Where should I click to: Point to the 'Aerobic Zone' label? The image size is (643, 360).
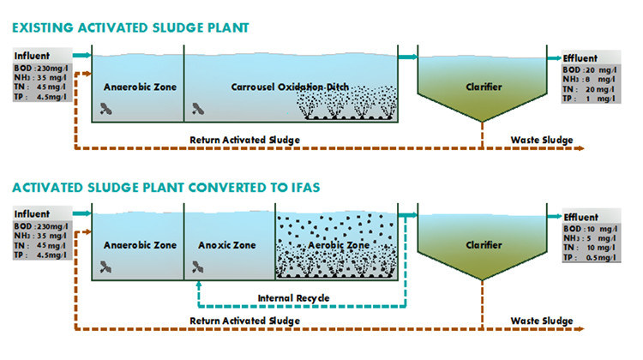click(x=340, y=245)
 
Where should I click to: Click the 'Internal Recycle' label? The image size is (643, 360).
click(x=293, y=298)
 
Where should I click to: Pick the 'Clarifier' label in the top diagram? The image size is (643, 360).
click(x=484, y=87)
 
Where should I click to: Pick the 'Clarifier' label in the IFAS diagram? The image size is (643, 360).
click(x=484, y=245)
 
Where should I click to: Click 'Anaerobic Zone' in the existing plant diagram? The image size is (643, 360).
click(x=138, y=87)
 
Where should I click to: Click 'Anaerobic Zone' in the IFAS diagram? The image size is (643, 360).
click(x=140, y=245)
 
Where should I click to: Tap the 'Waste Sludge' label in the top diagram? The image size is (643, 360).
click(x=541, y=139)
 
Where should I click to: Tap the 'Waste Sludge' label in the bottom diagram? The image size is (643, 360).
click(x=541, y=321)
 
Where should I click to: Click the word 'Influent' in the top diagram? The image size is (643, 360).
click(x=32, y=56)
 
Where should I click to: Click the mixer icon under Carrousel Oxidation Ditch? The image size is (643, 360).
click(x=198, y=109)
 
